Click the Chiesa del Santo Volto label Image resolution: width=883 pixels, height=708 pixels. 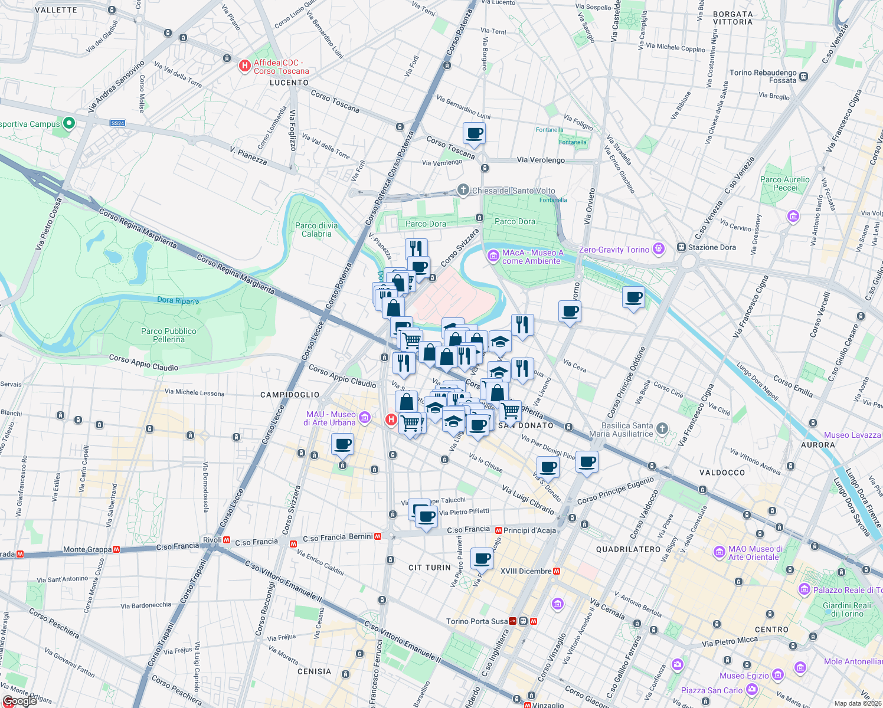point(514,191)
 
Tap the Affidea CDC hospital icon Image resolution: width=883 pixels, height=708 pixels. point(244,66)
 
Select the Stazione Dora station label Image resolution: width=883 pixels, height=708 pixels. point(711,247)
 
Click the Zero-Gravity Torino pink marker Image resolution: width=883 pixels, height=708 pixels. point(659,249)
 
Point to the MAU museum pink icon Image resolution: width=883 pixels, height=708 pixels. point(364,418)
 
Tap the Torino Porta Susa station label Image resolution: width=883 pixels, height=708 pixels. point(476,621)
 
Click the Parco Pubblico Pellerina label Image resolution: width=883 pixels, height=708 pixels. point(169,335)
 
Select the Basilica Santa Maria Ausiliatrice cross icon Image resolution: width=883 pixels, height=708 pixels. point(662,429)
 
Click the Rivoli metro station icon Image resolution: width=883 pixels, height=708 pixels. point(227,540)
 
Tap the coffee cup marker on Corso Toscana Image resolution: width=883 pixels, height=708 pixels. point(474,133)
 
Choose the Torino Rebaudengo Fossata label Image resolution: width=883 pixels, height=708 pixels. point(763,77)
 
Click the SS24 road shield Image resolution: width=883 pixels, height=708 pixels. point(117,123)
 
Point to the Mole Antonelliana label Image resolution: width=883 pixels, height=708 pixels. point(853,661)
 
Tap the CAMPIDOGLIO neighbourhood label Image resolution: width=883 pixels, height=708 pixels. point(290,395)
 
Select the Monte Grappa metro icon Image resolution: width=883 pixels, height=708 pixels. point(116,549)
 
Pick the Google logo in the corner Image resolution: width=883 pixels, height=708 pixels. point(19,700)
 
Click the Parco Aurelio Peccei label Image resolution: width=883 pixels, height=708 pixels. point(785,183)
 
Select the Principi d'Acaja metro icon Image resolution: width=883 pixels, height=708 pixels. point(499,530)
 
